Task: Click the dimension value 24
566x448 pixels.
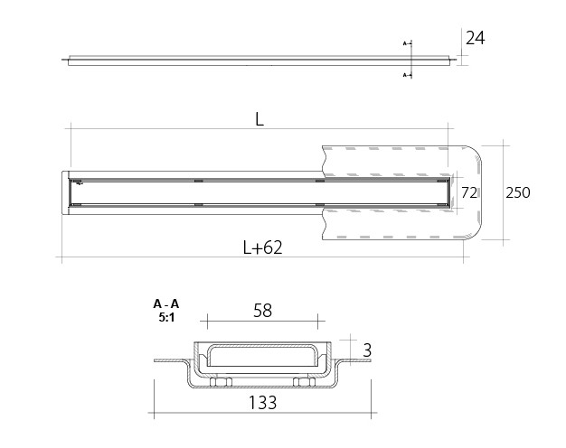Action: click(x=475, y=38)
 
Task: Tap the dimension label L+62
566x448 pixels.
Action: click(x=262, y=247)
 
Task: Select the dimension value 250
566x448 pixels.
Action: click(x=518, y=192)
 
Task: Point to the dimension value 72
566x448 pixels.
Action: click(x=469, y=193)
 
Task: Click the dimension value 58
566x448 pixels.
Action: click(x=262, y=311)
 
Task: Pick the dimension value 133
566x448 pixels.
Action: click(x=263, y=403)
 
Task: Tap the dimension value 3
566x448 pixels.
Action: click(x=367, y=350)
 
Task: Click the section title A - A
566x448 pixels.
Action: click(x=166, y=304)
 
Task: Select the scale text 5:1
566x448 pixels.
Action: click(x=166, y=317)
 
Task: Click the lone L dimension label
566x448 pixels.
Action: click(x=259, y=119)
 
